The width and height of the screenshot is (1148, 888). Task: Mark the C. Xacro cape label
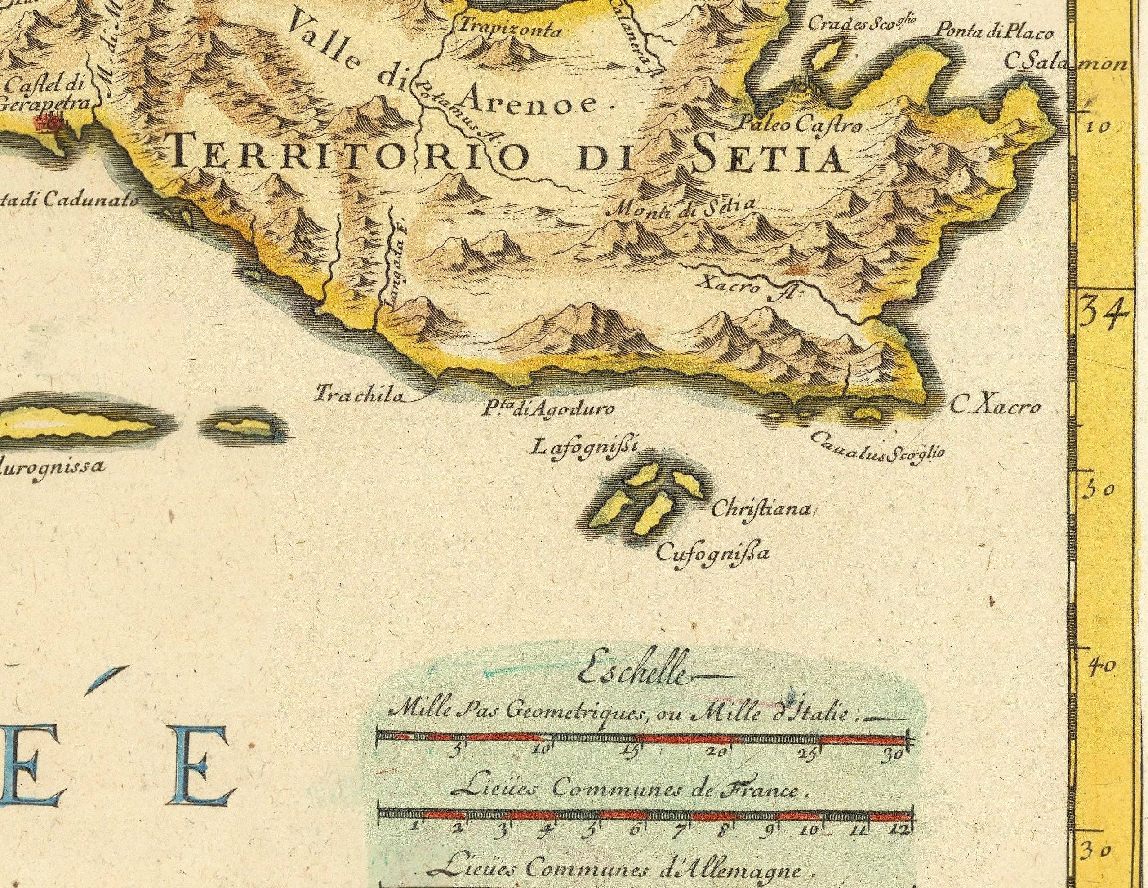[x=995, y=407]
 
